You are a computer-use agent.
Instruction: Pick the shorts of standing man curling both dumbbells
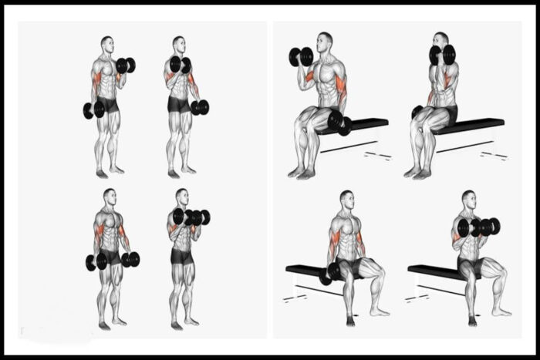click(182, 257)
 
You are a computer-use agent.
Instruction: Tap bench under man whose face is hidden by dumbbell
click(471, 125)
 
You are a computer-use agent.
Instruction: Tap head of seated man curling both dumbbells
click(467, 199)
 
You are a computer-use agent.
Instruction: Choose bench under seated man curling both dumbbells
click(432, 271)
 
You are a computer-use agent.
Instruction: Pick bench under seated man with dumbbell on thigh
click(363, 126)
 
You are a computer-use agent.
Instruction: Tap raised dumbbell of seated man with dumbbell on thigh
click(301, 56)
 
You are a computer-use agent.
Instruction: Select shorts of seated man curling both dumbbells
click(471, 266)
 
